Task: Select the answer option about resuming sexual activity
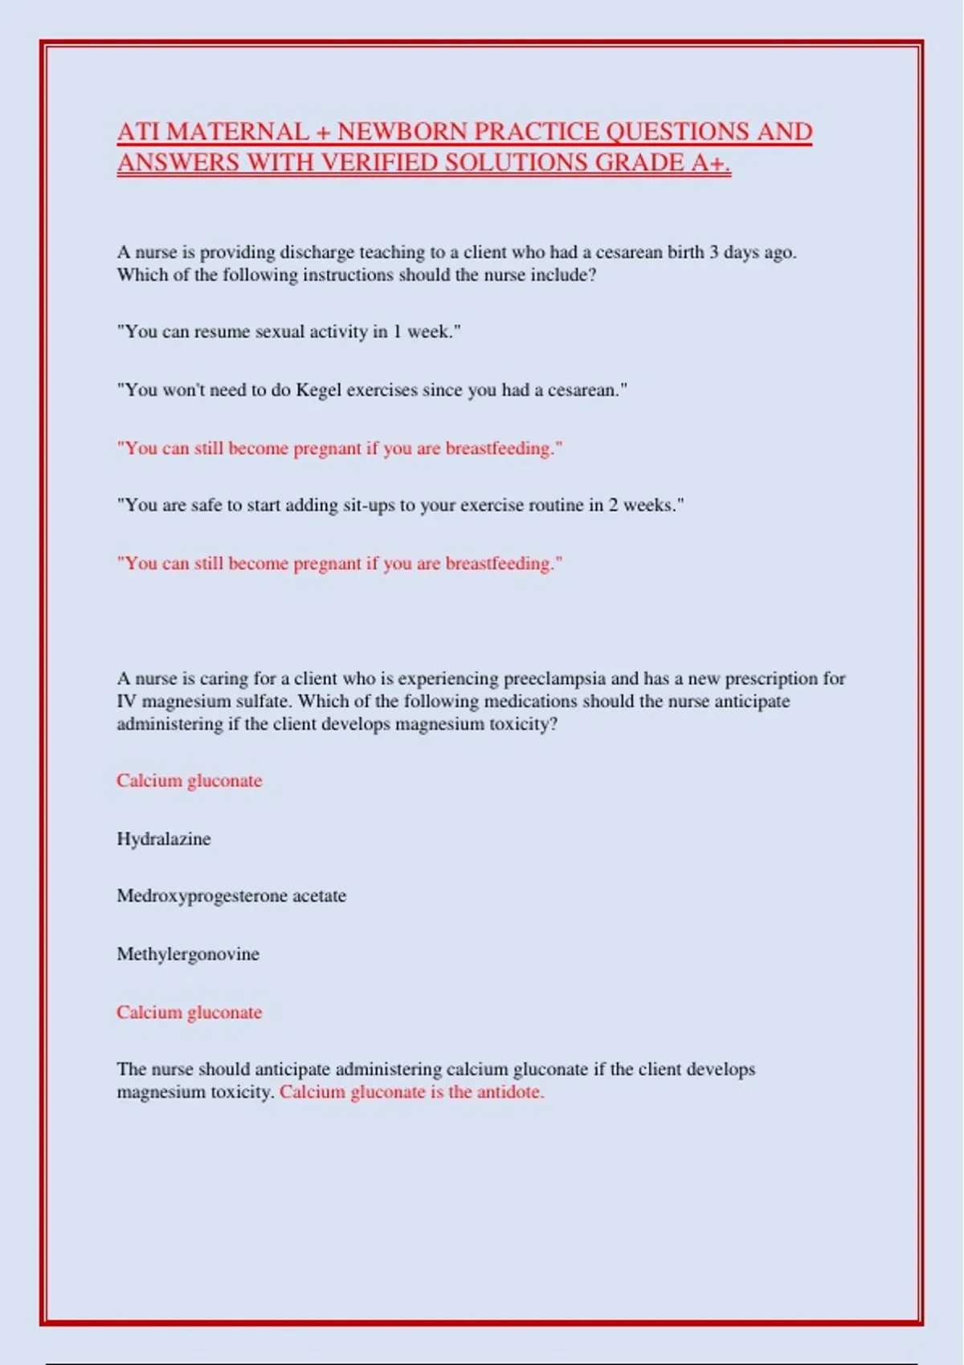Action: click(x=288, y=332)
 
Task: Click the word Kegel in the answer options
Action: click(x=318, y=390)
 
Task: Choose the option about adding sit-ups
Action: click(x=400, y=505)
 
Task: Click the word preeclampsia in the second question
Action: click(x=554, y=678)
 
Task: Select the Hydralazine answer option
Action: click(x=164, y=839)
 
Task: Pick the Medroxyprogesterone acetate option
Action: click(x=231, y=896)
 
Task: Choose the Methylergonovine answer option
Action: click(x=188, y=954)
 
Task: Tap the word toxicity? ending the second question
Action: click(x=523, y=724)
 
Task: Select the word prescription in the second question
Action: click(x=771, y=678)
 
